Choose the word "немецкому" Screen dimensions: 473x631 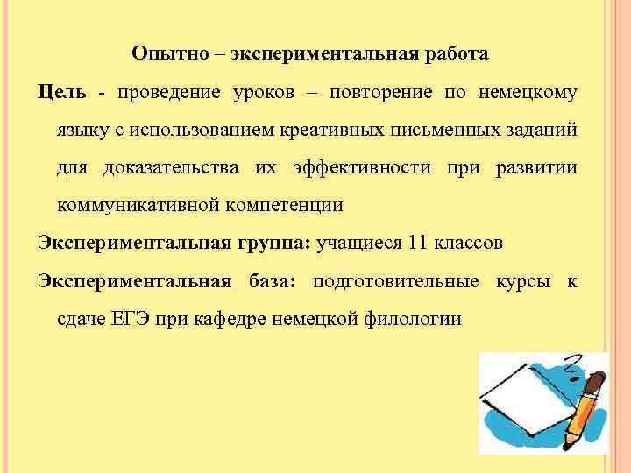pos(528,92)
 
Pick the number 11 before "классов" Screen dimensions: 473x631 pos(420,243)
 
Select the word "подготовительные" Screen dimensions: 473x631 pos(395,281)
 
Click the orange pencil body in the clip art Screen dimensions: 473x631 pos(583,407)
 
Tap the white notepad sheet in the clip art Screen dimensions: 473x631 pos(517,394)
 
